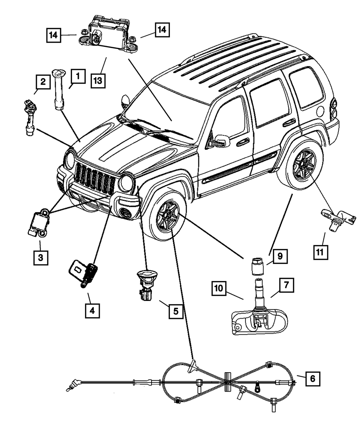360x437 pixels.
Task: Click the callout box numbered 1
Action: point(78,77)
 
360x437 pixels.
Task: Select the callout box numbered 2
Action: point(43,82)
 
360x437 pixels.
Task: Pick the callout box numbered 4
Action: point(92,310)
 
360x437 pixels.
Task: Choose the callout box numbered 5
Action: point(176,310)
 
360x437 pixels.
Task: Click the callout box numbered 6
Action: point(312,378)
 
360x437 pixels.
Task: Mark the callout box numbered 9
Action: point(280,257)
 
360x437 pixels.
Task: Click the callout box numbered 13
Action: point(98,80)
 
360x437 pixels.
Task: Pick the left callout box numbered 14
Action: point(54,35)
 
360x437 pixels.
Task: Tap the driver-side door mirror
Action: point(222,140)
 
